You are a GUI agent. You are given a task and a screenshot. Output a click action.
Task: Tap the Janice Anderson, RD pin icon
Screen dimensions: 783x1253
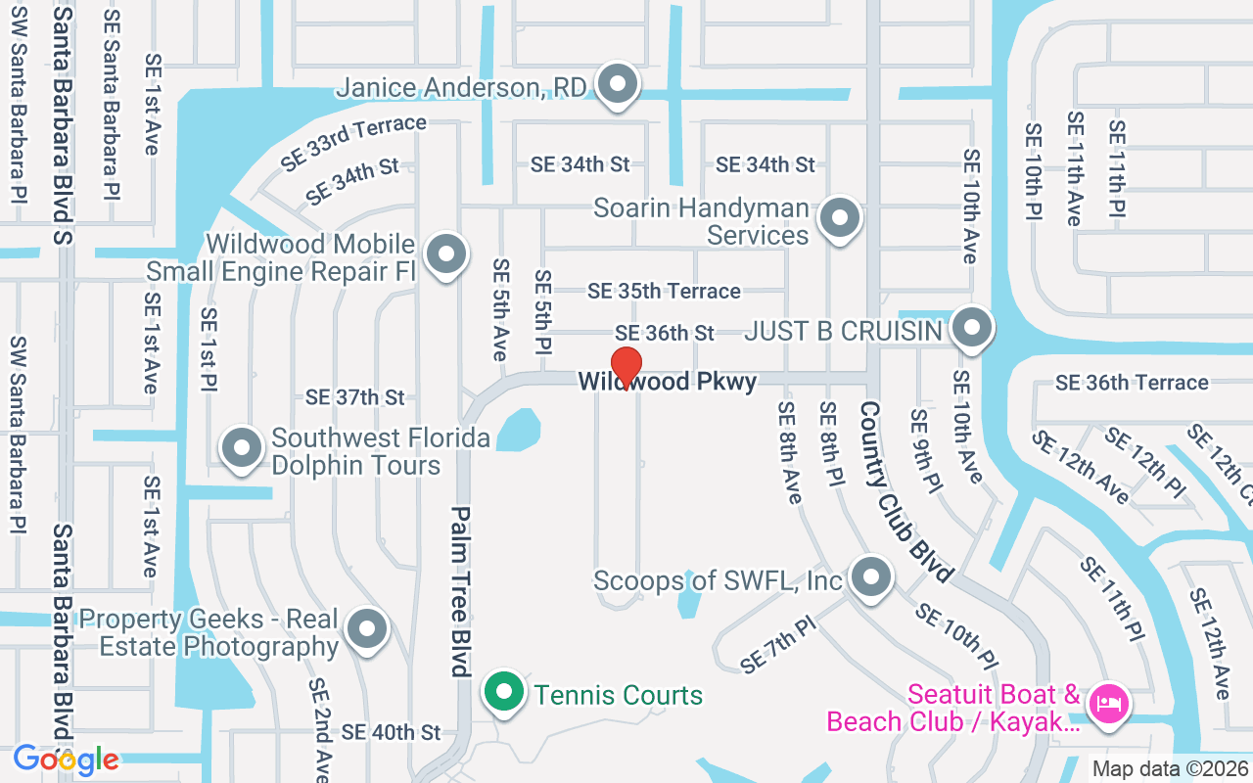(617, 85)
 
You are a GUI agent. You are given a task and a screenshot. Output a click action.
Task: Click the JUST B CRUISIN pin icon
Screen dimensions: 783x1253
(972, 328)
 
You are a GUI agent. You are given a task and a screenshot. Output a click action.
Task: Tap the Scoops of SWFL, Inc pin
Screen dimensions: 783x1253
(870, 577)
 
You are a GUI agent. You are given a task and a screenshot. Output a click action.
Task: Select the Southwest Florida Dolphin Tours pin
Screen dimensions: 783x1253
(242, 448)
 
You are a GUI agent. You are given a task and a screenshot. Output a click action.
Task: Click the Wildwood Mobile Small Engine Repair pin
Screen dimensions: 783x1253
(446, 254)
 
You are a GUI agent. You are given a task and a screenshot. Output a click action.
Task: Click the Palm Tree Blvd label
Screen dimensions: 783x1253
(461, 591)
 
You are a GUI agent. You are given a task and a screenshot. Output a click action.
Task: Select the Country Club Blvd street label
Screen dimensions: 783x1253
(906, 489)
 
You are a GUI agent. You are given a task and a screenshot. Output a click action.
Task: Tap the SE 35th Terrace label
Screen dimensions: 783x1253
(664, 291)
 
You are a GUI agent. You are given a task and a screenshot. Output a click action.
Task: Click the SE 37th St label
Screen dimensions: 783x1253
(354, 397)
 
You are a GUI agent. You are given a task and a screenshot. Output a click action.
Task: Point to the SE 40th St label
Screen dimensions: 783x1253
(392, 732)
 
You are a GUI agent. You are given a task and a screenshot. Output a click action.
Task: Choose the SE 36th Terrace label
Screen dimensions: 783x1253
(1132, 382)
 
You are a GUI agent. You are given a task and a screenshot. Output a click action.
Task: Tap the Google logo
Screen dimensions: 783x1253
(66, 760)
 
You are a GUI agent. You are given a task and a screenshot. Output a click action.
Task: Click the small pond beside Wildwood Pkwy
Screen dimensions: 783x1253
(518, 430)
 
